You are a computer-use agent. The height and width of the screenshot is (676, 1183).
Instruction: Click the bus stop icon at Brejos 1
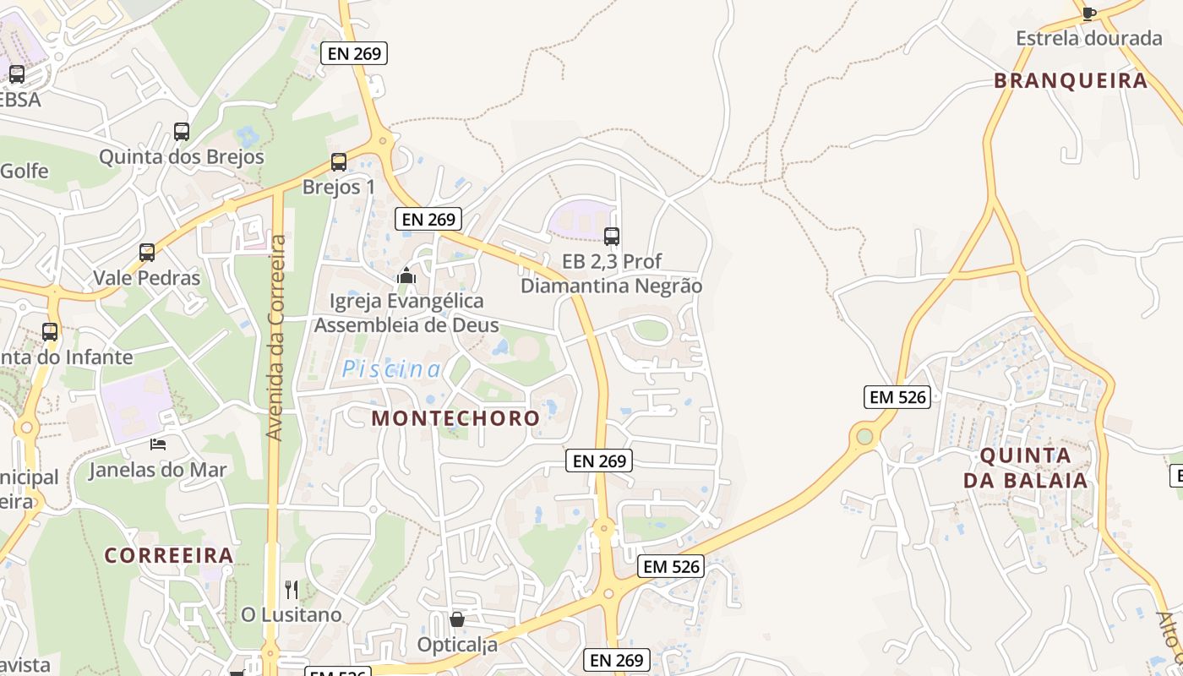pyautogui.click(x=339, y=161)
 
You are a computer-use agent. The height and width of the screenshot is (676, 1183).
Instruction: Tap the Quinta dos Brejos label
pyautogui.click(x=182, y=157)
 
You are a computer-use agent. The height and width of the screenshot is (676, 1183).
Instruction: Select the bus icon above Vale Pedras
pyautogui.click(x=147, y=252)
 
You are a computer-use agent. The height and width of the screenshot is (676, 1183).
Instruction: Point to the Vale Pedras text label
pyautogui.click(x=147, y=278)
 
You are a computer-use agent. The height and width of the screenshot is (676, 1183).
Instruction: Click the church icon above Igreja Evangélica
pyautogui.click(x=406, y=275)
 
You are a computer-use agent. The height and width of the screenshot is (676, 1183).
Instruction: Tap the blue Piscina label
pyautogui.click(x=391, y=369)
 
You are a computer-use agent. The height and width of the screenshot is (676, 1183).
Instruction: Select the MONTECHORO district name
pyautogui.click(x=455, y=417)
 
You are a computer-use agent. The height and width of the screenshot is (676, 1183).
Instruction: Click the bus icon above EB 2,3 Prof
pyautogui.click(x=612, y=237)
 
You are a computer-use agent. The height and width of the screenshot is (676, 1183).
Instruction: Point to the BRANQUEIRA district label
pyautogui.click(x=1071, y=80)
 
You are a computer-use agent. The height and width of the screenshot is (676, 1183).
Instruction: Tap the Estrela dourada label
pyautogui.click(x=1089, y=38)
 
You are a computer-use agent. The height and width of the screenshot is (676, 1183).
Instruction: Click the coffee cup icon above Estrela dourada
pyautogui.click(x=1089, y=13)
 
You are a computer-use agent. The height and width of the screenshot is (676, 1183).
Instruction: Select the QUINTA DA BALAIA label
pyautogui.click(x=1025, y=468)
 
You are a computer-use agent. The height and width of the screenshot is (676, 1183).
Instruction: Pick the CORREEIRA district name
pyautogui.click(x=169, y=555)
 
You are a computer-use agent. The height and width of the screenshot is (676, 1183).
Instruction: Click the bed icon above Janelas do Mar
pyautogui.click(x=158, y=444)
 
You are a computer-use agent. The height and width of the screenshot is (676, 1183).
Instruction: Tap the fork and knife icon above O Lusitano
pyautogui.click(x=292, y=589)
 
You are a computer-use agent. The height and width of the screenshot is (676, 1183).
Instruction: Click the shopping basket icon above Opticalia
pyautogui.click(x=457, y=619)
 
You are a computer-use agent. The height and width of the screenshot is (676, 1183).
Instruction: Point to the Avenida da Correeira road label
pyautogui.click(x=275, y=336)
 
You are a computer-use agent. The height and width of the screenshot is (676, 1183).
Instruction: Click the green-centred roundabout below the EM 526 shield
pyautogui.click(x=864, y=436)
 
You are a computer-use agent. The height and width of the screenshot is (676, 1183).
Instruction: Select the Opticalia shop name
pyautogui.click(x=457, y=645)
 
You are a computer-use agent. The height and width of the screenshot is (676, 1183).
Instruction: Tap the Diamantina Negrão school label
pyautogui.click(x=611, y=286)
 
